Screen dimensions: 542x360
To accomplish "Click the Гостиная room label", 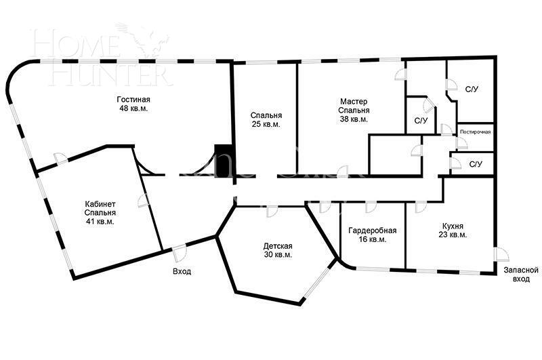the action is coord(133,100).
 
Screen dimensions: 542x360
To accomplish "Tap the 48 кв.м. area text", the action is coord(133,108).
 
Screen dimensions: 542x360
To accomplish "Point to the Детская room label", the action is coord(278,246).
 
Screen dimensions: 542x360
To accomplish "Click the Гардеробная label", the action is coord(372,231).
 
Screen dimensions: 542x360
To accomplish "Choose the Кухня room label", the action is coord(453,226).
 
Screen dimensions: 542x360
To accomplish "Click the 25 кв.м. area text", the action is coord(266,124).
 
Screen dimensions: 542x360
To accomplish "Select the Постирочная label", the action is coord(476,132).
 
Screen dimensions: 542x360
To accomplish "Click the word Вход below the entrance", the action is coord(182,271).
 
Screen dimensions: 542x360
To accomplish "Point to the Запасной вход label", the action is coord(521,274).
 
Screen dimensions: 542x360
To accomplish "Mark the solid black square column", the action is coord(224,161).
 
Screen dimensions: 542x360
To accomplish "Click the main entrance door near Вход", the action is coord(180,253).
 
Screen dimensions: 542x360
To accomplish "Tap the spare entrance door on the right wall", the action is coord(501,255).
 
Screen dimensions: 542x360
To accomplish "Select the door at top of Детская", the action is coord(272,212).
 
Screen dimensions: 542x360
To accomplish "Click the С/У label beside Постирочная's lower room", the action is coord(476,164).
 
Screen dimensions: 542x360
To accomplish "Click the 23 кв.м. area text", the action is coord(453,235).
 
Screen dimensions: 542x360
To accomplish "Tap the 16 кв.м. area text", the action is coord(372,239).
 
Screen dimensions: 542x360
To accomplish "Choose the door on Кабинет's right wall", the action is coord(143,201).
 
